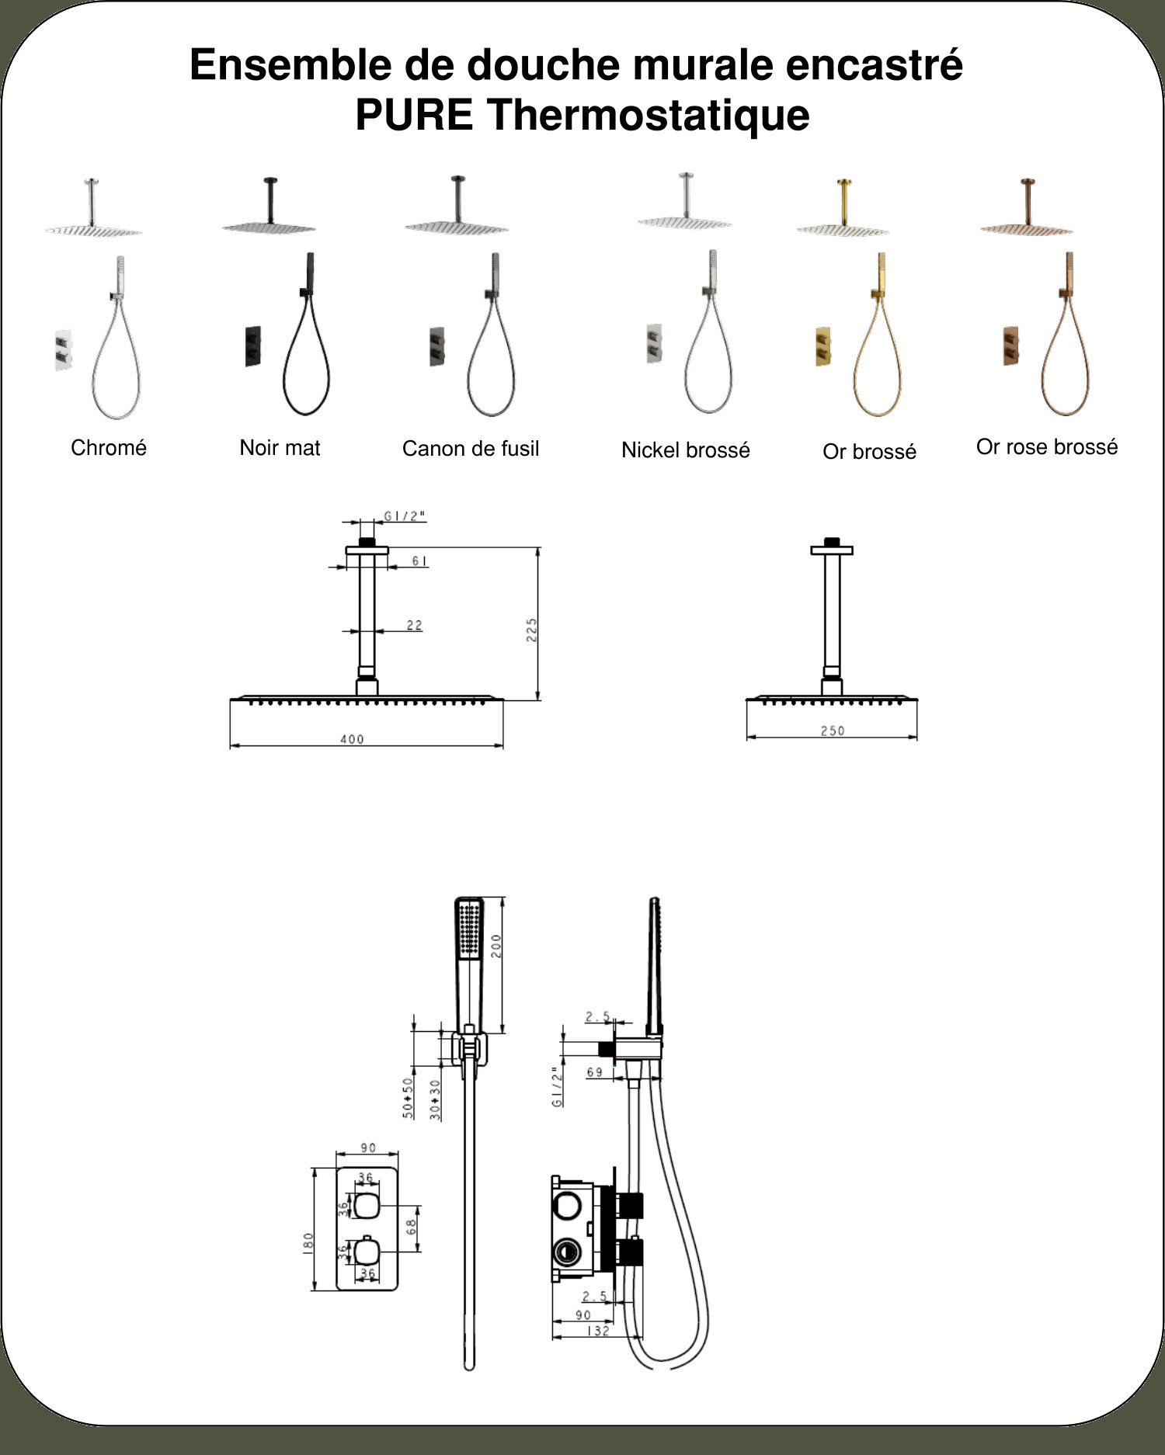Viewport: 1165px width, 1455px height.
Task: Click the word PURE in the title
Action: point(414,115)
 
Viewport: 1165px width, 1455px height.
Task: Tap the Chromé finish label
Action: point(109,447)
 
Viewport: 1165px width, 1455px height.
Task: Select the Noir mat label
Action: point(280,447)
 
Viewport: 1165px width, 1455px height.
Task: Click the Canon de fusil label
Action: point(471,448)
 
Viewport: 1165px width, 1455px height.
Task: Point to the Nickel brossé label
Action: point(686,450)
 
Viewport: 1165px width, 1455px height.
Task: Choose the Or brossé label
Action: point(869,452)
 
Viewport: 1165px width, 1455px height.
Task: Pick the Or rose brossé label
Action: point(1047,446)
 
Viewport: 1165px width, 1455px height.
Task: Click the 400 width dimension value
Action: point(352,739)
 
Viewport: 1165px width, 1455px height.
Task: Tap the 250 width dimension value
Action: point(832,731)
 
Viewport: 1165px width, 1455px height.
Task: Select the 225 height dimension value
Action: point(532,630)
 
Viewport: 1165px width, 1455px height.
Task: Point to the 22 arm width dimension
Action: point(414,625)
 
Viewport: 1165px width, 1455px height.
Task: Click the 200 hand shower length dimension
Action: point(496,945)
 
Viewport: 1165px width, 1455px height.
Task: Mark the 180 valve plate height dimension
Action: point(308,1242)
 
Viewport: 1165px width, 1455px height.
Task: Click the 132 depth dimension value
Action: point(597,1331)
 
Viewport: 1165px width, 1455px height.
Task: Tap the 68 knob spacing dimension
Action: point(411,1226)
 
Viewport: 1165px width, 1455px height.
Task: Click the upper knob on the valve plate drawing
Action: point(367,1206)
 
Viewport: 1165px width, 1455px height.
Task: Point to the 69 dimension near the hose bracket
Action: point(595,1072)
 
